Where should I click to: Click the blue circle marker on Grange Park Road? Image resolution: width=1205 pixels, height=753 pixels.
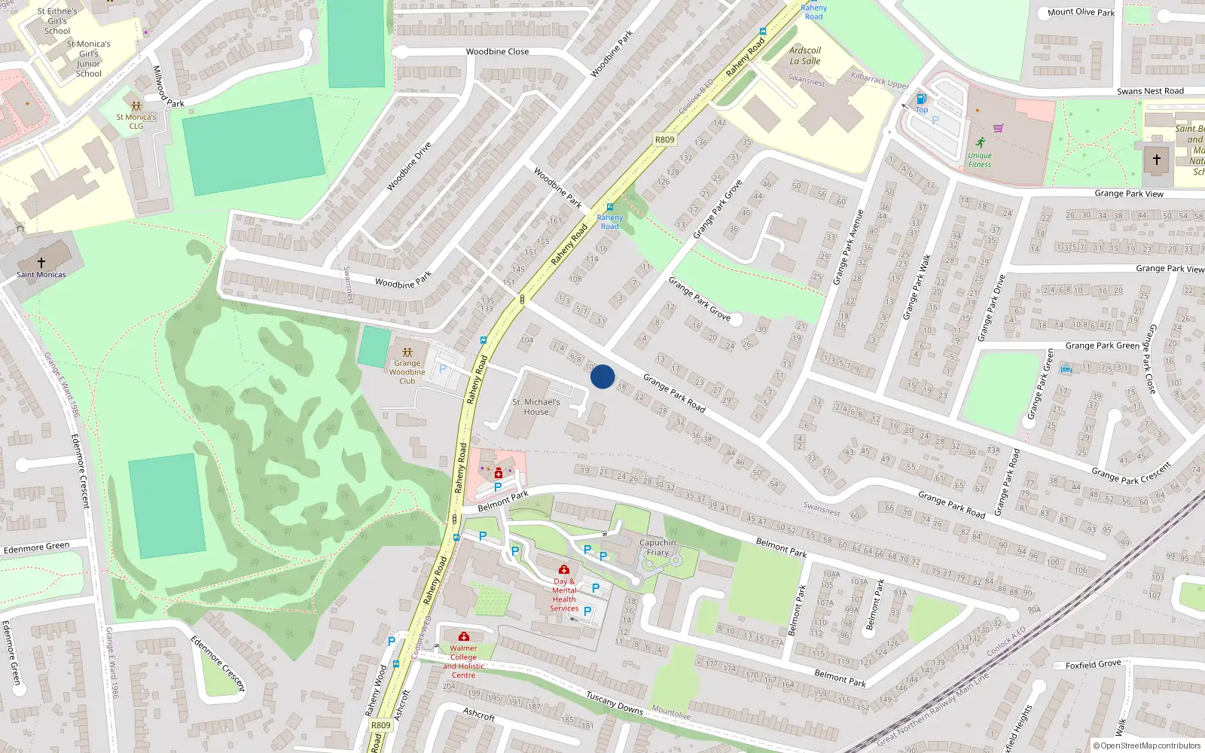[602, 376]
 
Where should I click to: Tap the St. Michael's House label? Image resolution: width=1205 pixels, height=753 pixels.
[535, 407]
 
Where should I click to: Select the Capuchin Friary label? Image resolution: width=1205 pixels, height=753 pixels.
[657, 547]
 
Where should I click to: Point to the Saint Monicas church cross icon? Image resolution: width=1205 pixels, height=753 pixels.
[41, 262]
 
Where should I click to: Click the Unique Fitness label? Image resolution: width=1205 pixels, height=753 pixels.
[979, 160]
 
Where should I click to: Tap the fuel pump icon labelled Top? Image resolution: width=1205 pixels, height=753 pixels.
[921, 99]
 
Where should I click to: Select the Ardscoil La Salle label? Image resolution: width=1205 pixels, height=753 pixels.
[805, 56]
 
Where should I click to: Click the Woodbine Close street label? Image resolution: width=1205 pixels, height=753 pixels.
[497, 52]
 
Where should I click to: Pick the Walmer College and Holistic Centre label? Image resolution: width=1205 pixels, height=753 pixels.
[463, 661]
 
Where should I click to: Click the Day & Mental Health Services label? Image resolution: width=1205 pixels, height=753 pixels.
[564, 595]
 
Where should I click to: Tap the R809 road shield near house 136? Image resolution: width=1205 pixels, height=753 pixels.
[664, 139]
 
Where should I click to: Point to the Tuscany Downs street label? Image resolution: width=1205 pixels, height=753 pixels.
[615, 704]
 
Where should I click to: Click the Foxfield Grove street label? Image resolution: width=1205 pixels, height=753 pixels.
[1094, 664]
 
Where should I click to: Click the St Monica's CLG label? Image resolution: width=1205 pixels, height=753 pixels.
[136, 121]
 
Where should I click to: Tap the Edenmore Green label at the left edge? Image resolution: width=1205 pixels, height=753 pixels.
[36, 547]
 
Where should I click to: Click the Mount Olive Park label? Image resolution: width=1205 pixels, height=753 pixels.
[1081, 12]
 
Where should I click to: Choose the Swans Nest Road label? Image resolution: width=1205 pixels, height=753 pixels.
[1150, 91]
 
